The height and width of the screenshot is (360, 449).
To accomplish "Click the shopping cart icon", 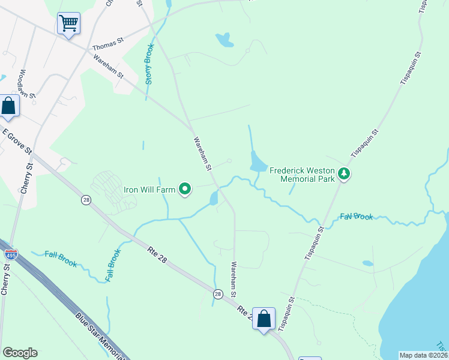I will (x=68, y=24).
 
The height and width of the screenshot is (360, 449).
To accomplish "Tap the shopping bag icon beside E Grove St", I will (x=9, y=106).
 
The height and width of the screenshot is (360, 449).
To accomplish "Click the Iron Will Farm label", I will (x=149, y=190).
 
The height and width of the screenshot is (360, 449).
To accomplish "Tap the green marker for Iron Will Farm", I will (x=185, y=190).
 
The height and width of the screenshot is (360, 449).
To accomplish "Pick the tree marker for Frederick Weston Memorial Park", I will (x=344, y=174).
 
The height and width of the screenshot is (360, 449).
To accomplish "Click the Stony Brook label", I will (x=149, y=64).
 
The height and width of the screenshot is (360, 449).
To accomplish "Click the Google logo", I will (x=20, y=353).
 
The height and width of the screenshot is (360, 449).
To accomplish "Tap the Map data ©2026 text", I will (x=423, y=355).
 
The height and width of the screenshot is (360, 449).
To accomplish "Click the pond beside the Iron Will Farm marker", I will (x=214, y=199).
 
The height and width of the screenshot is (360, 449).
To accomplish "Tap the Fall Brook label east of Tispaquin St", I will (x=357, y=217).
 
